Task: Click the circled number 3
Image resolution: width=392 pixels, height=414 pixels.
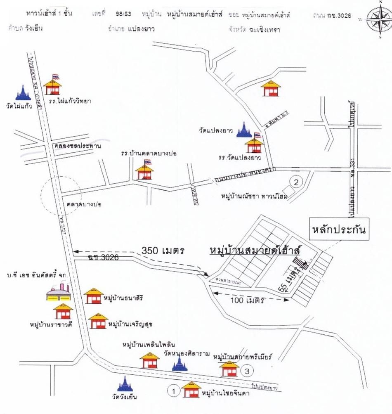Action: pyautogui.click(x=246, y=371)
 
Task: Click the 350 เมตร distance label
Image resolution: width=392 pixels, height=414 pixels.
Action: pyautogui.click(x=162, y=250)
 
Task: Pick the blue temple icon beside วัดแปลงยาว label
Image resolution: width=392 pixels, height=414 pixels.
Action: pyautogui.click(x=243, y=130)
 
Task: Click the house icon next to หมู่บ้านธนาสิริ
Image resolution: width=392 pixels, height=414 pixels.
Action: pyautogui.click(x=94, y=296)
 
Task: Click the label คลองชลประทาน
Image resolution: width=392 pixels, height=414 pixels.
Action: pyautogui.click(x=77, y=146)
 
